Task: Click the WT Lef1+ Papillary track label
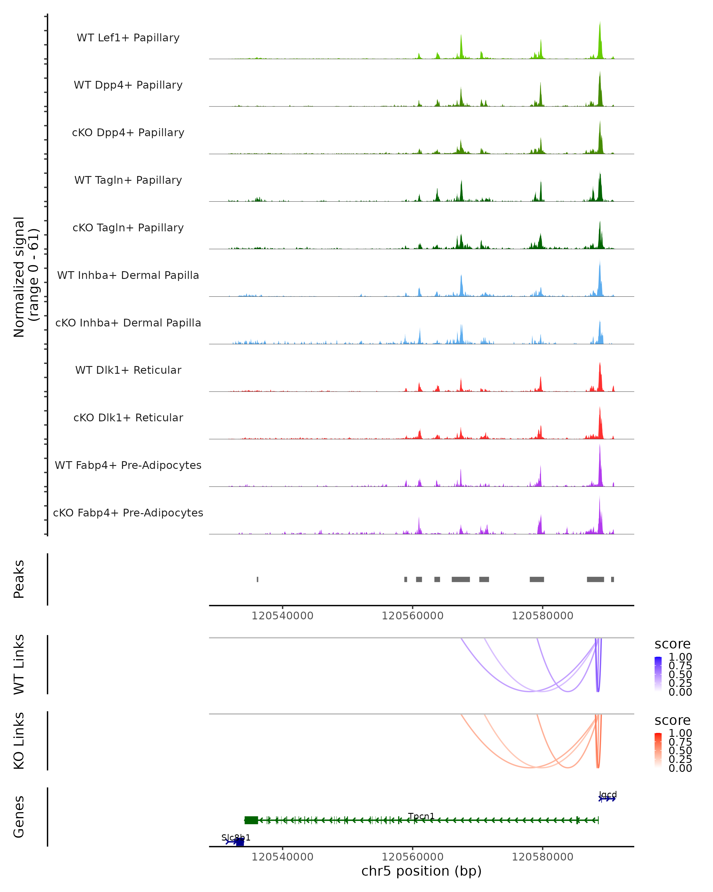tap(128, 38)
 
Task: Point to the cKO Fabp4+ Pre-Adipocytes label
tap(128, 513)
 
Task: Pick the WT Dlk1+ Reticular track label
tap(128, 370)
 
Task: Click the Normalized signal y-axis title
tap(26, 277)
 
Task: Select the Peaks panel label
tap(19, 579)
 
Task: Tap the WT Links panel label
tap(19, 665)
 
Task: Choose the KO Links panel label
tap(19, 741)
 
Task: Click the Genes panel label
tap(19, 817)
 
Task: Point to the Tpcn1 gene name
tap(421, 816)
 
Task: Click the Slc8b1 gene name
tap(236, 838)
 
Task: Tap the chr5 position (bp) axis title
tap(421, 871)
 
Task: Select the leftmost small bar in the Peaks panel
tap(258, 579)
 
